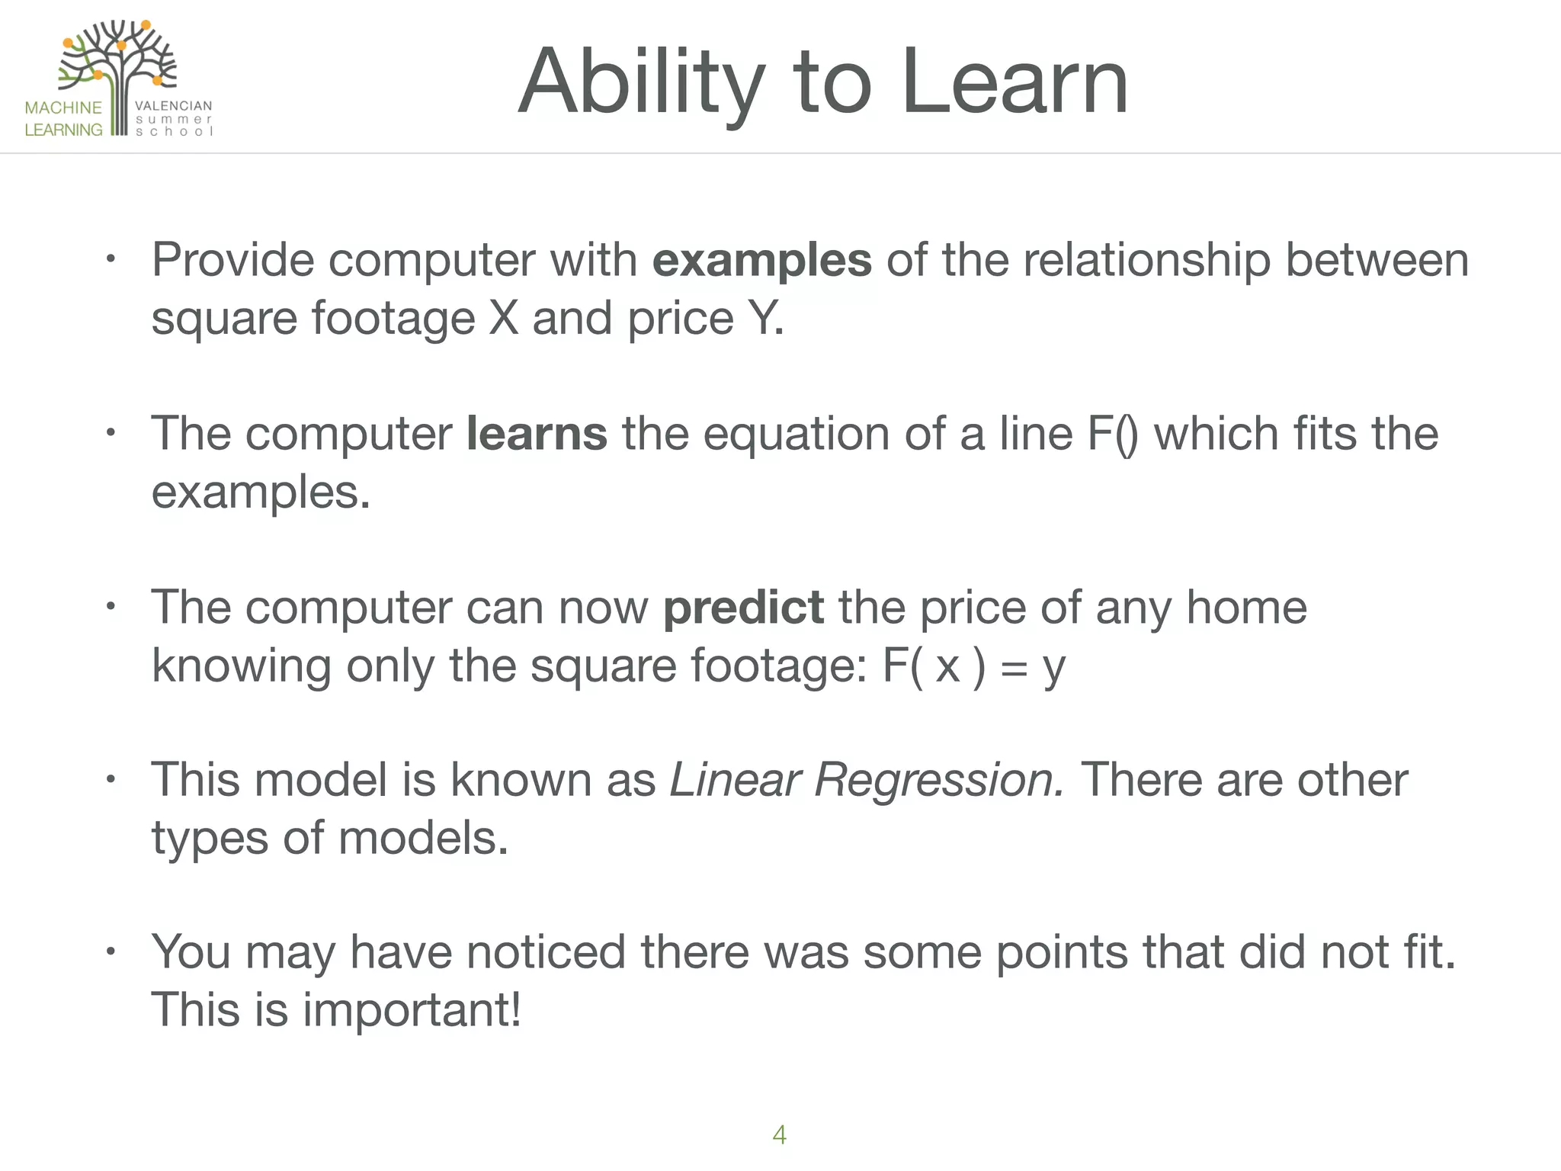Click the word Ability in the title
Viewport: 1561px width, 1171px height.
click(x=640, y=82)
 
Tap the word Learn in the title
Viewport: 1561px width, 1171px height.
click(x=1014, y=82)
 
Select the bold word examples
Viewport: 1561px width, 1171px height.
click(x=761, y=261)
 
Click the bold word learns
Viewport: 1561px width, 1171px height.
click(x=537, y=434)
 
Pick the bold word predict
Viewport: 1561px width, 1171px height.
click(x=743, y=608)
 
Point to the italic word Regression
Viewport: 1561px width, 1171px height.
click(x=938, y=781)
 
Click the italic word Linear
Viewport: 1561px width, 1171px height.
click(x=734, y=781)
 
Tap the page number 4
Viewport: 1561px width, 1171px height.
click(x=779, y=1134)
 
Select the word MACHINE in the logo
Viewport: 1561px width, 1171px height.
click(x=63, y=107)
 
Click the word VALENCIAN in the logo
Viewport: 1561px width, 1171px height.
click(x=174, y=106)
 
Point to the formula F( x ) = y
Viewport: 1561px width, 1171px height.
click(x=973, y=666)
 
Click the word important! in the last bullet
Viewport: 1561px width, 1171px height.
click(x=412, y=1010)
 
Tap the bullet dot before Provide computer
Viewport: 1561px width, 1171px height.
click(x=111, y=260)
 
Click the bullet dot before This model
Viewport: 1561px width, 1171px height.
click(x=111, y=780)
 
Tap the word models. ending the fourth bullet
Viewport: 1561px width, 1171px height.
click(x=423, y=839)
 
